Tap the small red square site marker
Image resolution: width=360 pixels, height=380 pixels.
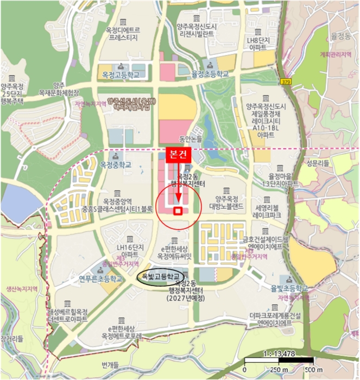(178, 211)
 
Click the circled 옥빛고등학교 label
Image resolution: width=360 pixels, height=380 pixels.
(161, 277)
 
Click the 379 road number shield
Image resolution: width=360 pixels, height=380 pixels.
(286, 81)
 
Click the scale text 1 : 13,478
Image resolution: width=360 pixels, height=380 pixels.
(279, 353)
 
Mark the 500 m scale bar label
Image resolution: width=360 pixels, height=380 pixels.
(309, 371)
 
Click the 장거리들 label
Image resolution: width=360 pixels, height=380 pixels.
(12, 338)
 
